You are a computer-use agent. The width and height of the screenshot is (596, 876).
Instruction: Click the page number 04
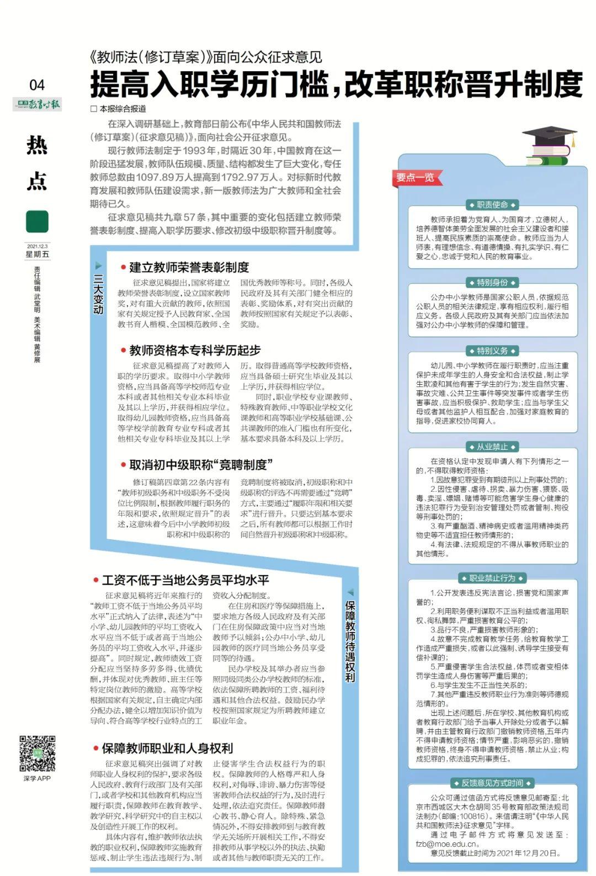click(37, 84)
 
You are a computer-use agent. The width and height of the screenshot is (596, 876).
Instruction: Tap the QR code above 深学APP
click(38, 753)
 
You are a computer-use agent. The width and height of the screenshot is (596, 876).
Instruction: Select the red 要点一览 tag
click(415, 177)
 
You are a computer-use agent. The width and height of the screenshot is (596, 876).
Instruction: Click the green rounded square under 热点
click(37, 222)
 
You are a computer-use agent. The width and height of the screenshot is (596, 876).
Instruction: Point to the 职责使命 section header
click(492, 205)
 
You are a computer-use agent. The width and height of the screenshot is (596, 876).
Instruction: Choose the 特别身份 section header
click(492, 283)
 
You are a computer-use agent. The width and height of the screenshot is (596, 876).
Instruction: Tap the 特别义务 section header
click(492, 351)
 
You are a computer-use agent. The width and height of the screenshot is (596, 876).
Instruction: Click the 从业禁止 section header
click(492, 447)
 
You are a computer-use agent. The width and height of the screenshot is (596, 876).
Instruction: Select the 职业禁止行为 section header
click(492, 578)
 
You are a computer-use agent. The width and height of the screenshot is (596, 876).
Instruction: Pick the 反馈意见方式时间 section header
click(492, 783)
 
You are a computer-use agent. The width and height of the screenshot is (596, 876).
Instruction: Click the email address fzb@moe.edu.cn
click(448, 844)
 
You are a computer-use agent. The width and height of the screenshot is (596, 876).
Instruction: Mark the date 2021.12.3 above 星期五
click(37, 246)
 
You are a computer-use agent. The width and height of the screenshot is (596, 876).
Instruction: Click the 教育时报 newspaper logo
click(37, 104)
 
